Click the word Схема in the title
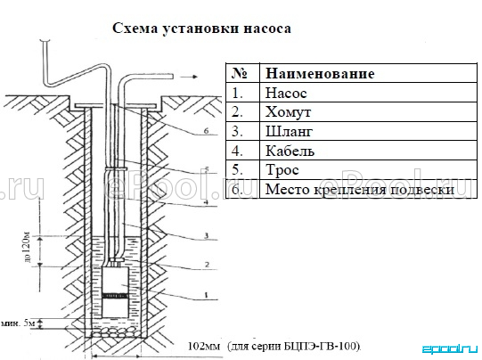(x=135, y=29)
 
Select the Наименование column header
(x=320, y=73)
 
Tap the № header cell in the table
(x=240, y=73)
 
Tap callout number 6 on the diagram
(x=206, y=131)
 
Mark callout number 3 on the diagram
(x=207, y=236)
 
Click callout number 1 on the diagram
(x=207, y=296)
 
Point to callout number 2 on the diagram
(x=207, y=265)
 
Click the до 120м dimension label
(x=27, y=246)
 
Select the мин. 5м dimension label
(x=19, y=323)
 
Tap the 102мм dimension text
(x=204, y=347)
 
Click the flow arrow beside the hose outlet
(x=189, y=77)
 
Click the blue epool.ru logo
(x=449, y=349)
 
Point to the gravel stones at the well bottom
(x=116, y=332)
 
